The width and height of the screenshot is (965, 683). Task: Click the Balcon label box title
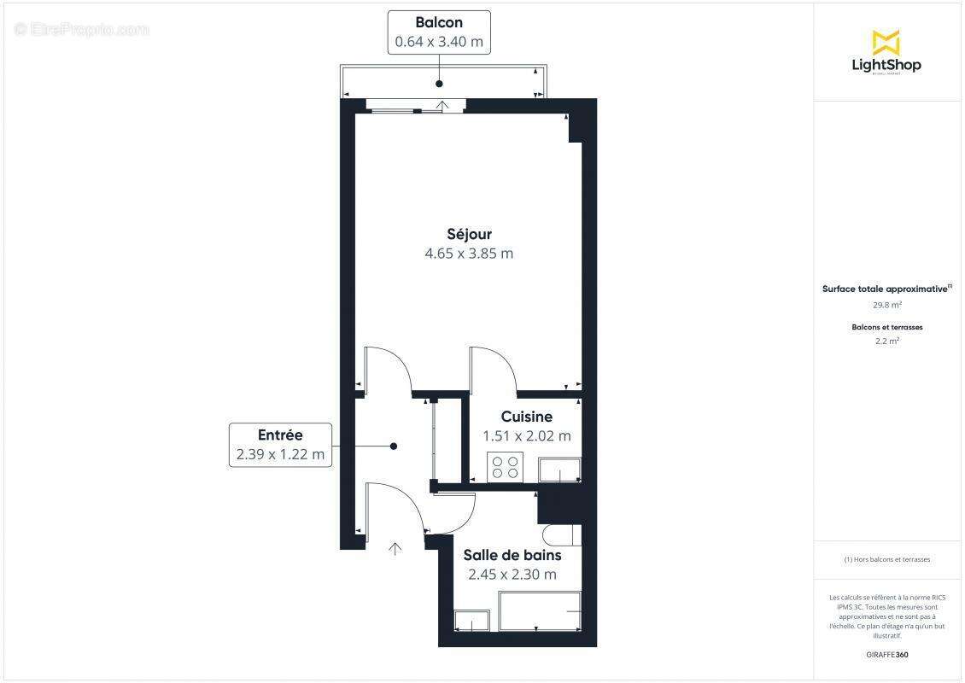[x=439, y=22]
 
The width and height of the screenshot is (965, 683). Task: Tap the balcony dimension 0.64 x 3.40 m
[x=439, y=41]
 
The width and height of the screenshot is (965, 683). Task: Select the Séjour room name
[x=469, y=234]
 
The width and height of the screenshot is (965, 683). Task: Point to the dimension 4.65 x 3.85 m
[x=469, y=254]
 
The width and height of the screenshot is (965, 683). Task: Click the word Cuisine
[x=526, y=417]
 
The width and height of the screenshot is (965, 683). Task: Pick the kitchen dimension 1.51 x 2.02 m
[x=526, y=436]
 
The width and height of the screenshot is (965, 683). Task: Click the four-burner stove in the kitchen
[x=504, y=467]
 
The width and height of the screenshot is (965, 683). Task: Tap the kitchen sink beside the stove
[x=559, y=470]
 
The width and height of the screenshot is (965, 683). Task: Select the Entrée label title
[x=280, y=435]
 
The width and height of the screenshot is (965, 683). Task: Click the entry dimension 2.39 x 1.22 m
[x=280, y=454]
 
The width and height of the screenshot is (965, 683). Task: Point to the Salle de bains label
[x=512, y=555]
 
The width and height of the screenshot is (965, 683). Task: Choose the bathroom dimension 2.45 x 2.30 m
[x=512, y=575]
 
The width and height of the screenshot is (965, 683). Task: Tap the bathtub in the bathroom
[x=540, y=612]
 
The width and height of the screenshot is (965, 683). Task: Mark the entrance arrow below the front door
[x=395, y=548]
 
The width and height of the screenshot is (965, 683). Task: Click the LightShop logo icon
[x=886, y=42]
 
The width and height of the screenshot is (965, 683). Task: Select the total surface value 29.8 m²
[x=886, y=304]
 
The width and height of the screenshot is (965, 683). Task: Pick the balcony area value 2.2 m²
[x=886, y=341]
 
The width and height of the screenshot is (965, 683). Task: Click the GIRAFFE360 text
[x=886, y=655]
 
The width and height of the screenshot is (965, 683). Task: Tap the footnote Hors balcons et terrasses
[x=886, y=559]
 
